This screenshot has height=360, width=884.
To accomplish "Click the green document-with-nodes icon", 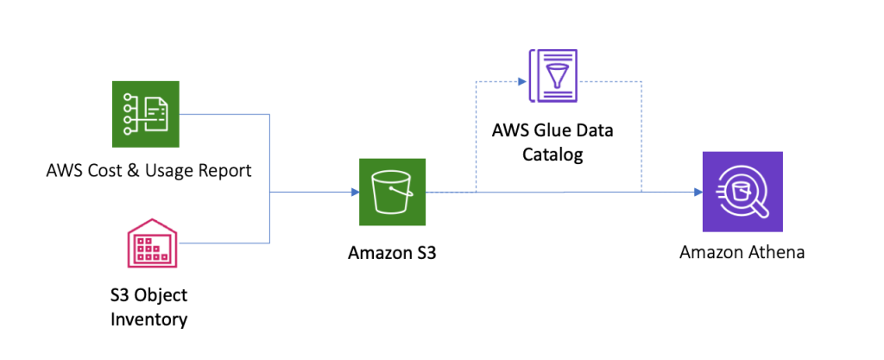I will click(x=145, y=114).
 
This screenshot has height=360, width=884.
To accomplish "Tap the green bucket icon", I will click(x=393, y=192).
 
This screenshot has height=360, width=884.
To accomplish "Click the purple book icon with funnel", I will click(x=553, y=76).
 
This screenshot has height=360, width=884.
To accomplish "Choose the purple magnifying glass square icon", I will click(x=742, y=192).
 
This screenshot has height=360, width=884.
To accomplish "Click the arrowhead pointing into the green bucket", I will click(x=355, y=192).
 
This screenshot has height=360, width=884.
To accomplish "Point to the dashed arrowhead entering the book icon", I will click(x=522, y=82).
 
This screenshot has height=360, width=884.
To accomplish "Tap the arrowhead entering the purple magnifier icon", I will click(x=698, y=192).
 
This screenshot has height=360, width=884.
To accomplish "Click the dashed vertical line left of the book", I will click(x=476, y=138).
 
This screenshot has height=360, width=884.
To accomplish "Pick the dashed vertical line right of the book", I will click(x=641, y=138).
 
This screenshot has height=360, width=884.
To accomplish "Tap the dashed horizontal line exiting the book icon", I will click(x=609, y=82).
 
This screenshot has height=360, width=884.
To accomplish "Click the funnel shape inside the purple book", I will click(x=559, y=73).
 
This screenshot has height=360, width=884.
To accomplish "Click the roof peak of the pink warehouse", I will click(x=153, y=220).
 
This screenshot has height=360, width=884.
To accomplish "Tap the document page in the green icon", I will click(x=156, y=114).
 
